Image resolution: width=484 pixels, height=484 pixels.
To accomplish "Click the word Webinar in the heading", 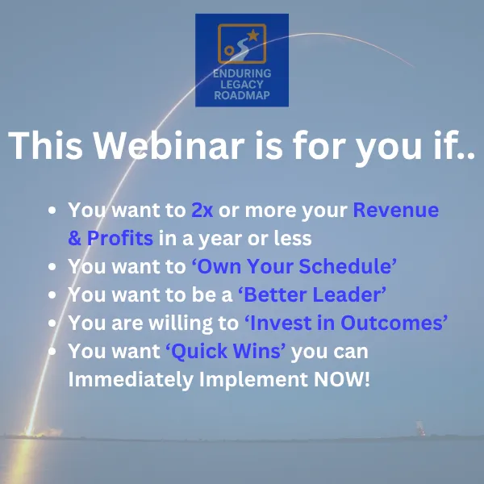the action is [x=169, y=145].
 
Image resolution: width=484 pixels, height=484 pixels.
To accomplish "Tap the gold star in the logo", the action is [x=253, y=35].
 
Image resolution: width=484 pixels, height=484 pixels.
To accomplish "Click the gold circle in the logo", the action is [x=229, y=50].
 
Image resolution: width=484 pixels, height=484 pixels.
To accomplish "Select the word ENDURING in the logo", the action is [x=242, y=73].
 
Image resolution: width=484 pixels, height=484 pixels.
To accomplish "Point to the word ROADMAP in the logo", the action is [x=242, y=95].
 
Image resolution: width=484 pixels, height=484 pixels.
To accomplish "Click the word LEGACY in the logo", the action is [x=242, y=84].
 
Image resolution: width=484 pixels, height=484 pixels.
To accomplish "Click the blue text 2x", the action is [x=202, y=211].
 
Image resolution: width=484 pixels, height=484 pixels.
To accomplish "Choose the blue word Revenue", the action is [x=396, y=211].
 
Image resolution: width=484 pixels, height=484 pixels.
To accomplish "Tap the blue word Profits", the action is [x=119, y=238].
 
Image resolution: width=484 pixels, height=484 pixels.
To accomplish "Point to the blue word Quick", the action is [x=199, y=351].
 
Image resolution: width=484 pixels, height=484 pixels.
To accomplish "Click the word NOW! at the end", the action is [x=342, y=379].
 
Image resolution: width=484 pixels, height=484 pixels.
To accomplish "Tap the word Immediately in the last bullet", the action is [x=131, y=379].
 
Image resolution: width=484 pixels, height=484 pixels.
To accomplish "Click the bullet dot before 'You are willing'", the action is [x=52, y=323].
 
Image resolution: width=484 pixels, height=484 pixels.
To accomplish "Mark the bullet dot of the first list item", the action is [x=52, y=211].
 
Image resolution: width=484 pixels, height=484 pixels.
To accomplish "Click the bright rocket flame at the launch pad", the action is [x=30, y=431].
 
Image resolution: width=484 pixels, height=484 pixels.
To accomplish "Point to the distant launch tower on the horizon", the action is [x=419, y=428].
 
